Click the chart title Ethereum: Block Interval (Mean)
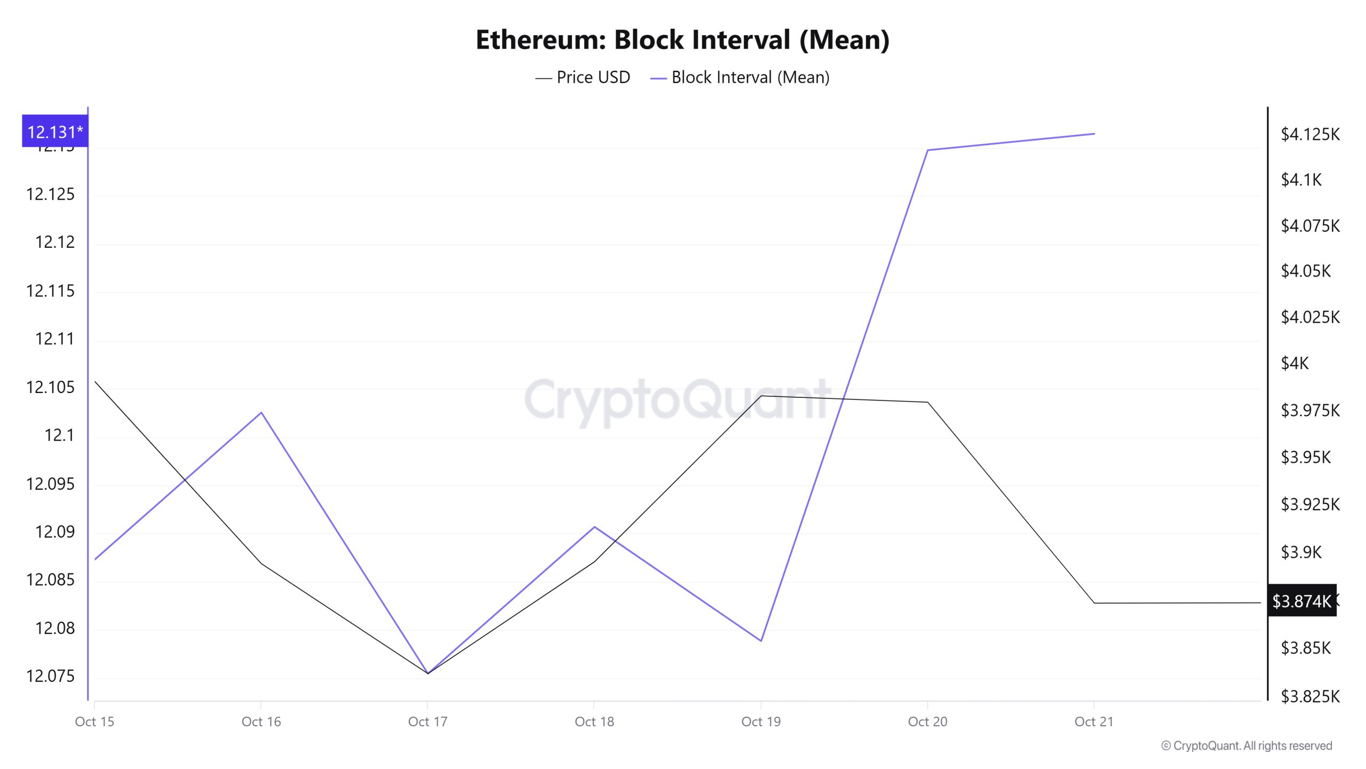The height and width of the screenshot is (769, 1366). pyautogui.click(x=682, y=40)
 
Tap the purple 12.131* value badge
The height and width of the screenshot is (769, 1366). pyautogui.click(x=55, y=131)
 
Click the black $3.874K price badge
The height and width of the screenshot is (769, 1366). pyautogui.click(x=1301, y=601)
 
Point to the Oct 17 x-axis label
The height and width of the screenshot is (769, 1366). pyautogui.click(x=427, y=721)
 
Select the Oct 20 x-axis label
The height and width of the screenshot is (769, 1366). pyautogui.click(x=927, y=721)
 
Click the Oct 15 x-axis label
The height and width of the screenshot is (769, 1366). pyautogui.click(x=94, y=721)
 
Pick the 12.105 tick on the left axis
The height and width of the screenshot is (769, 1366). pyautogui.click(x=50, y=387)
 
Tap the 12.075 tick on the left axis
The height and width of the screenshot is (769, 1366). pyautogui.click(x=50, y=676)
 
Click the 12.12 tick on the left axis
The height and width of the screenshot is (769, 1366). pyautogui.click(x=54, y=242)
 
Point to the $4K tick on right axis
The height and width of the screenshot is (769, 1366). pyautogui.click(x=1294, y=364)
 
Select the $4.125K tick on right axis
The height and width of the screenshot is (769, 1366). pyautogui.click(x=1310, y=134)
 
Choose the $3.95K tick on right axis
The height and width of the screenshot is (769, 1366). pyautogui.click(x=1306, y=457)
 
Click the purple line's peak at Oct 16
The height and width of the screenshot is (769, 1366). pyautogui.click(x=261, y=413)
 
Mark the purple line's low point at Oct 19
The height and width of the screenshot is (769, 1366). pyautogui.click(x=761, y=640)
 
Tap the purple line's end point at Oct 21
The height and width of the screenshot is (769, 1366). pyautogui.click(x=1094, y=134)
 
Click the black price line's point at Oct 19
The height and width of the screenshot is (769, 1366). pyautogui.click(x=761, y=396)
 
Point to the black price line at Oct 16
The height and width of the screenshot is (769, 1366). pyautogui.click(x=261, y=563)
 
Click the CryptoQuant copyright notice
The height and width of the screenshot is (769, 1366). pyautogui.click(x=1246, y=746)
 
